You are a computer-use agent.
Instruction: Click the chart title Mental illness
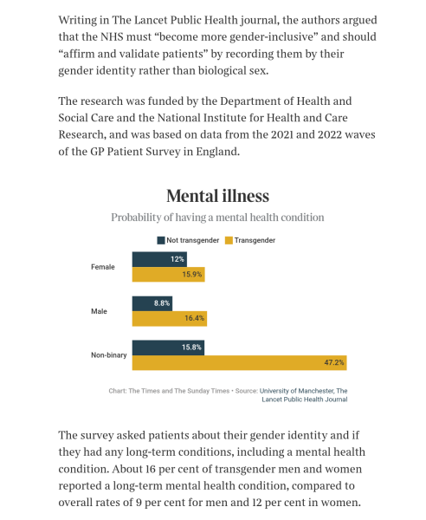(217, 196)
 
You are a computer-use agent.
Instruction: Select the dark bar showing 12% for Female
(159, 259)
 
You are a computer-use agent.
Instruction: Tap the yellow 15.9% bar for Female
(168, 274)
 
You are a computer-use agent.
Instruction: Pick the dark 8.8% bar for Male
(152, 303)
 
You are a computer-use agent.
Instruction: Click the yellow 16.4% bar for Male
(170, 318)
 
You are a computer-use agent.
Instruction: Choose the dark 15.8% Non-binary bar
(168, 348)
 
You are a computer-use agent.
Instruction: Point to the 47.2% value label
(334, 362)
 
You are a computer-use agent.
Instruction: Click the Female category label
(103, 267)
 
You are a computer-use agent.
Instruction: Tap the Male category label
(99, 311)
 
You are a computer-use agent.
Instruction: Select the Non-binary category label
(108, 355)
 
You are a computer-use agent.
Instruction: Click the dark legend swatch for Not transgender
(161, 240)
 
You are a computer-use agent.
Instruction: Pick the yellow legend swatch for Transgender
(229, 240)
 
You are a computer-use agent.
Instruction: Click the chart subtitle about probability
(217, 218)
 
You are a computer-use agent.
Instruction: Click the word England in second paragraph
(217, 152)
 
